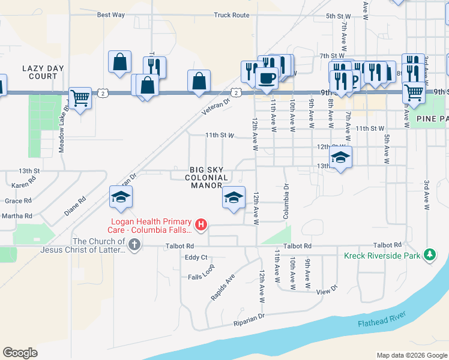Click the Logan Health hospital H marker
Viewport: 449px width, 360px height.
pos(202,225)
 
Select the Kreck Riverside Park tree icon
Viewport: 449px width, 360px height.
pos(429,255)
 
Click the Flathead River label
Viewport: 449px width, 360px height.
pos(382,319)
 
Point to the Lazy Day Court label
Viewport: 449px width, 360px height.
pos(40,73)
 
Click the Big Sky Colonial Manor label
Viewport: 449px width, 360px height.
pos(209,178)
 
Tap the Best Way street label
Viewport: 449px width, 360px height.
pos(110,15)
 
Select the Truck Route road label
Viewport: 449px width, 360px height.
pos(231,15)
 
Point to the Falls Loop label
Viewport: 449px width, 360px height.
pos(200,277)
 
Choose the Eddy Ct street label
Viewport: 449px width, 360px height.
pos(196,257)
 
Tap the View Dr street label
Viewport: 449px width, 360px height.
pos(327,290)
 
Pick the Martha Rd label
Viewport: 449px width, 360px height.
pos(17,215)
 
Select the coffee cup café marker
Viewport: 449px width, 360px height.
pos(266,77)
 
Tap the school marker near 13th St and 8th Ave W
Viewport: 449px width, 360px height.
pos(341,158)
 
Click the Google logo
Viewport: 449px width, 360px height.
pos(20,353)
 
